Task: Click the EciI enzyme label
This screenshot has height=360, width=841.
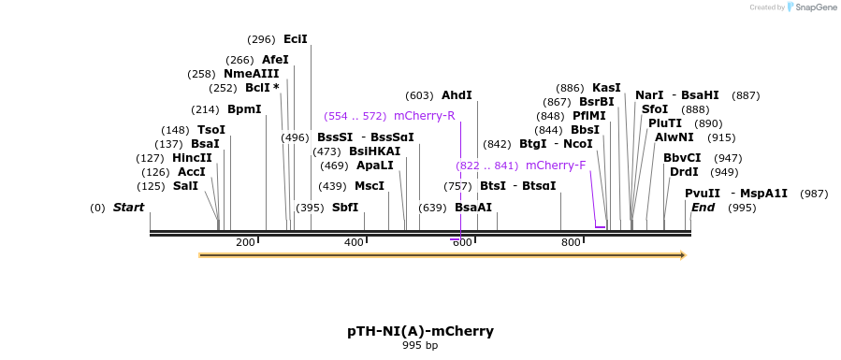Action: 296,39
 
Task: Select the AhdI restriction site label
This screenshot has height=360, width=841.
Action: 457,95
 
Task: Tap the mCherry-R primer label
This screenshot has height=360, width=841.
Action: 424,116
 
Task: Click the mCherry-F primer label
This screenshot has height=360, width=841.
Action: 556,166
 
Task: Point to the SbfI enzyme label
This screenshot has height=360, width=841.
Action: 345,208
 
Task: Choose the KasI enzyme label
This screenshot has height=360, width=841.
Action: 606,88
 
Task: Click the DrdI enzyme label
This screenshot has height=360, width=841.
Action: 684,172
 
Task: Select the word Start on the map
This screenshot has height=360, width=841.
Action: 129,208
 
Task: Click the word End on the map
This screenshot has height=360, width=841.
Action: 703,208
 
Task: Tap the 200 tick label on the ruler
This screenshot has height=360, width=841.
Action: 245,243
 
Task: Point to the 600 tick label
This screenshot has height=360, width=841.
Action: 462,243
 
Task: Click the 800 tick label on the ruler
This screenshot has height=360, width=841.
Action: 571,243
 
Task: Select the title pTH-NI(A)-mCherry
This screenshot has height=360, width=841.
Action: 420,331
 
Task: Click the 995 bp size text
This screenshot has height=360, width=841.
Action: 420,345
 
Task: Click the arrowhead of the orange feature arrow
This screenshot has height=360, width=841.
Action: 683,254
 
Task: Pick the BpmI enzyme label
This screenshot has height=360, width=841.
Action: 244,109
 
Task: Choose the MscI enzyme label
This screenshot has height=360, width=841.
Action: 370,186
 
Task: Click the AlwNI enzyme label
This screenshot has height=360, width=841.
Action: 674,137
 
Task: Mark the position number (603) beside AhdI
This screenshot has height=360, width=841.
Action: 419,95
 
